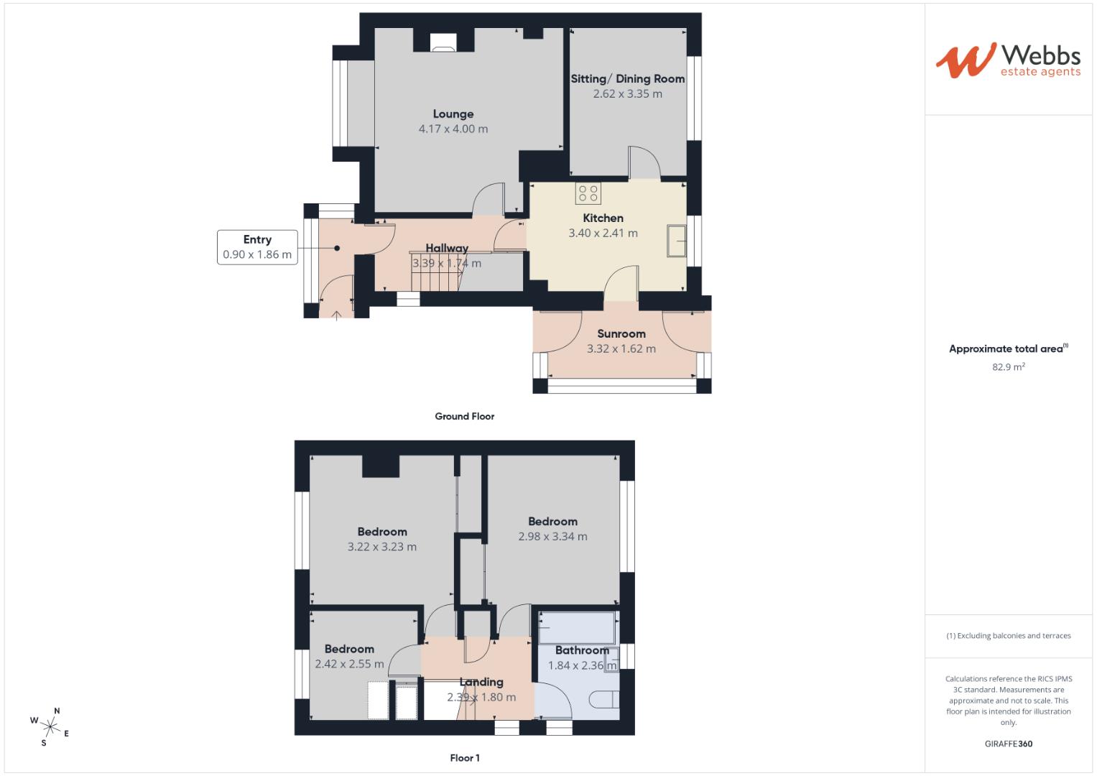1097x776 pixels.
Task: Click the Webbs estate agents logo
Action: [1007, 60]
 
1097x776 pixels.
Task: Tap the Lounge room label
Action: [453, 114]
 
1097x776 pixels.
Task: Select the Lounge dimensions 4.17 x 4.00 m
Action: [453, 129]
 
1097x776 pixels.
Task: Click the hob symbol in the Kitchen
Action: [588, 193]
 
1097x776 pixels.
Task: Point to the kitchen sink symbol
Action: [676, 240]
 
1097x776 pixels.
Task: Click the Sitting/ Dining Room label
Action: [627, 78]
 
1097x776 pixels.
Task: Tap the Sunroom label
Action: [621, 333]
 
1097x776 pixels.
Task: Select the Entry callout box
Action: [257, 247]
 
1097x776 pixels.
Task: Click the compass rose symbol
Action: [50, 726]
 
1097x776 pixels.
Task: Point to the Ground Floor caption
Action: [464, 416]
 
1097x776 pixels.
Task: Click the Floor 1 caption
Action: [464, 758]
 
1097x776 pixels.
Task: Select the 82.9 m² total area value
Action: [1009, 366]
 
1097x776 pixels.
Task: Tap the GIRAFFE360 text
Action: [1009, 744]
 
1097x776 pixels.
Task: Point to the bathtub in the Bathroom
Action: [577, 627]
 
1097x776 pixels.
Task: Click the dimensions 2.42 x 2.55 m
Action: [349, 665]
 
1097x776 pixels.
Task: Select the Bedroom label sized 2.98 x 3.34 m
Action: [552, 522]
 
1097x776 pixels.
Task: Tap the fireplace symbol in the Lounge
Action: [443, 43]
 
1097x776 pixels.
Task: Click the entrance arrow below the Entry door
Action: [336, 314]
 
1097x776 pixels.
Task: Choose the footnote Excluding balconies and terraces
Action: [1009, 636]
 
